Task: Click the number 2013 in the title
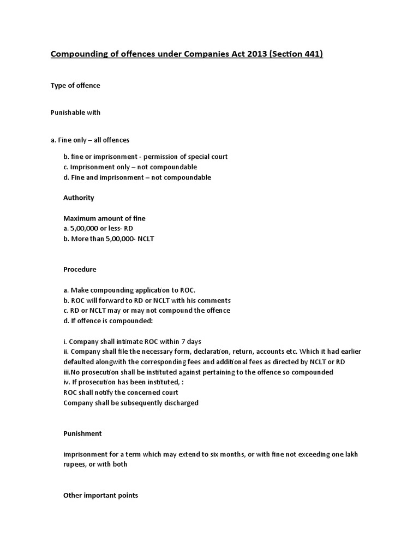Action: [254, 55]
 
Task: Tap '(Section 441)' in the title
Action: [295, 55]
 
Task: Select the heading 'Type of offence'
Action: [75, 86]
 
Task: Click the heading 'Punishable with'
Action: [75, 112]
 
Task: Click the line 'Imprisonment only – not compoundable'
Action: [130, 167]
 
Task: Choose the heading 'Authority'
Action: [79, 198]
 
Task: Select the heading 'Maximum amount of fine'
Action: [104, 218]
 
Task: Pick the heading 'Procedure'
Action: [80, 270]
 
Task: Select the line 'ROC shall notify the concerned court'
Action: [121, 393]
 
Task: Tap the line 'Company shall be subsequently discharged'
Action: [131, 403]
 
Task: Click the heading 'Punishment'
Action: [82, 433]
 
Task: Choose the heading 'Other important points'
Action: [101, 495]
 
